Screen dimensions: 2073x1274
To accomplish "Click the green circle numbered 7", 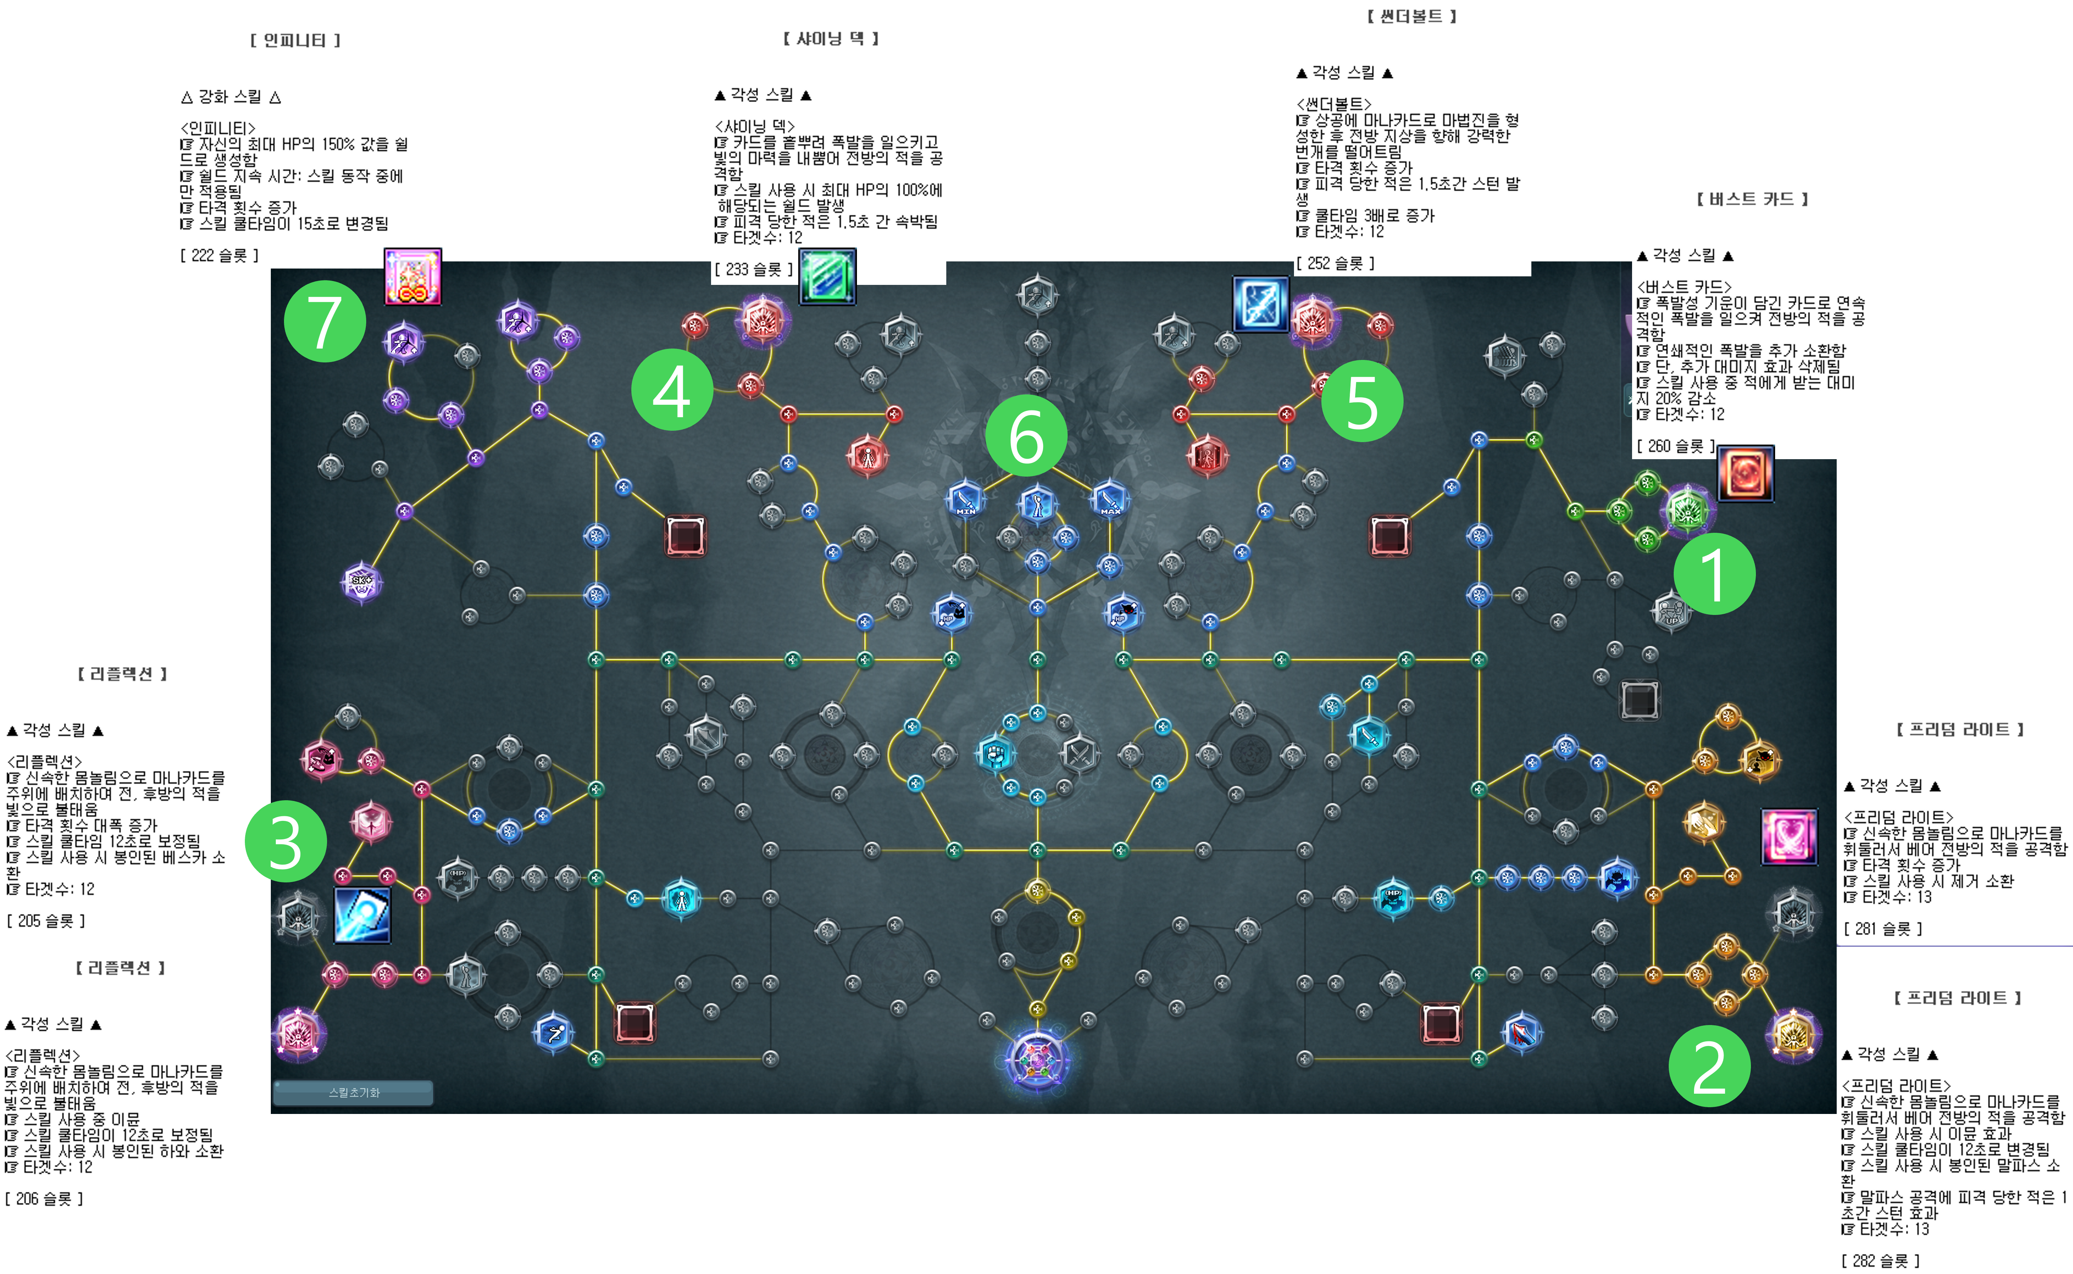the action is coord(325,321).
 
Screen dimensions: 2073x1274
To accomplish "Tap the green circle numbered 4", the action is coord(672,390).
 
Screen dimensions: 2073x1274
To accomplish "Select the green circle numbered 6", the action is coord(1026,436).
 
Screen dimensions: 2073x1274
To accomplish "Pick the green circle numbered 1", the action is coord(1714,574).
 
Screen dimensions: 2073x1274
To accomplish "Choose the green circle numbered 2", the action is coord(1710,1066).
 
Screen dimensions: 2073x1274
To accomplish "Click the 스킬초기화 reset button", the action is coord(353,1093).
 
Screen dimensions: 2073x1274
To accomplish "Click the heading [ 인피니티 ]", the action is coord(295,41).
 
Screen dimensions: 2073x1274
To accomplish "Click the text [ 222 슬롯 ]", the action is coord(219,255).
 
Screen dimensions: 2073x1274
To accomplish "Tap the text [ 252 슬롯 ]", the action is coord(1335,263).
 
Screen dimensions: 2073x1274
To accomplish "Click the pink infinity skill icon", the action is coord(412,276).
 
